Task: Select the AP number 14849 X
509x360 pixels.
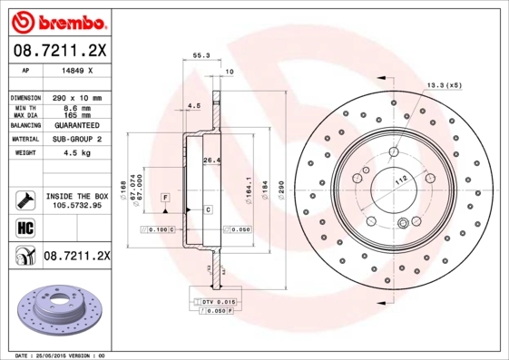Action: coord(76,69)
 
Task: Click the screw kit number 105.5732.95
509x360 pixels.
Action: coord(77,206)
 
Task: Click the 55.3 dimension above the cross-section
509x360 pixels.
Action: coord(201,55)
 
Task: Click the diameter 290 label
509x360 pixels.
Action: coord(281,188)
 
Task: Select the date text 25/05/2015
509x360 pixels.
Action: coord(56,355)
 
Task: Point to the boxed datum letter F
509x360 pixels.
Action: coord(166,197)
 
